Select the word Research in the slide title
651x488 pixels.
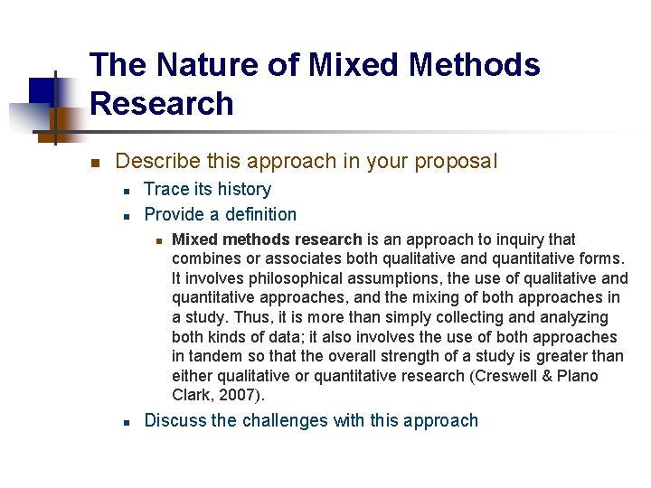click(x=162, y=104)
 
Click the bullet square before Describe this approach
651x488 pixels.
click(x=93, y=163)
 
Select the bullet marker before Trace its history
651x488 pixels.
click(x=128, y=191)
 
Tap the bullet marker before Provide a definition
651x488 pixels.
click(x=128, y=216)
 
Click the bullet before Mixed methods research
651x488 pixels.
click(x=157, y=240)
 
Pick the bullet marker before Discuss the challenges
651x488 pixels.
click(x=128, y=422)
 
